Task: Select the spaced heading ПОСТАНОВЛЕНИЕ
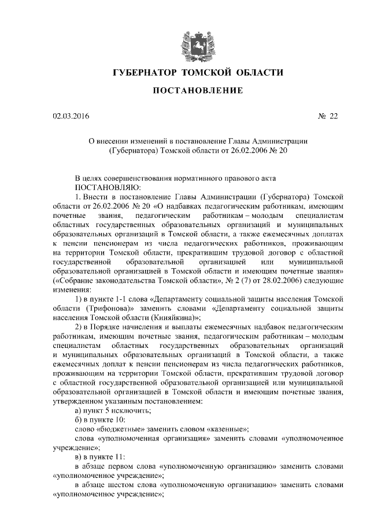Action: tap(185, 91)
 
